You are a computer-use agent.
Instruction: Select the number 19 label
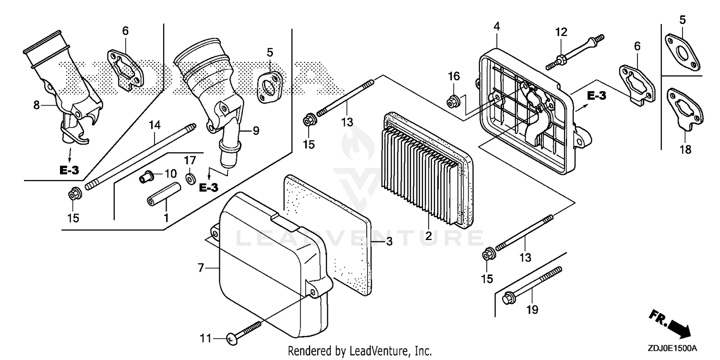click(x=532, y=310)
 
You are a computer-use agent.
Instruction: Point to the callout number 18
click(x=685, y=149)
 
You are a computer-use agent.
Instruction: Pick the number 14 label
click(x=154, y=126)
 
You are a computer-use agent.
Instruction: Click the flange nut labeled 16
click(x=452, y=101)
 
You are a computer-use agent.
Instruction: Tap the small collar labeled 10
click(x=145, y=178)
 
